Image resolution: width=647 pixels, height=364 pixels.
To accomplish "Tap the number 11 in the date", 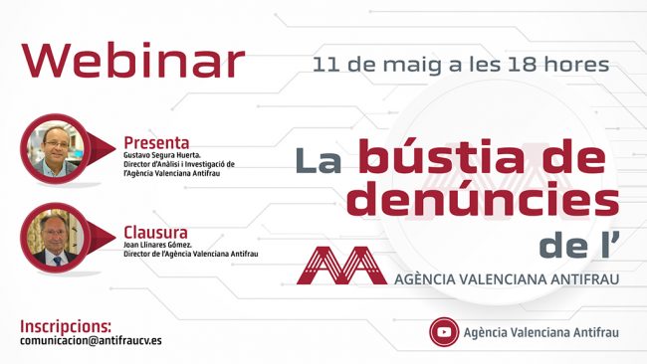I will click(324, 67).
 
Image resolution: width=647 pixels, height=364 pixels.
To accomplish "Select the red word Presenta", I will click(156, 142).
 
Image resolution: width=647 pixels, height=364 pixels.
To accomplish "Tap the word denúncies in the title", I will click(486, 202).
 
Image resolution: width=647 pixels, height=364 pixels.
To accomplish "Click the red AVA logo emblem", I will click(341, 265).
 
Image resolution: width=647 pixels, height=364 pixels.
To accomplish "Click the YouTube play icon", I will click(443, 331).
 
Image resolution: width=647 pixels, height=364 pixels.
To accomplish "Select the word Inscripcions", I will click(66, 325).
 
